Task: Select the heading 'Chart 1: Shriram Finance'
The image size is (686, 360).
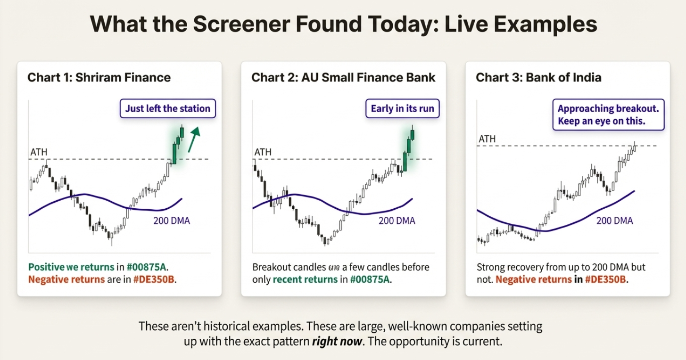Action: click(99, 77)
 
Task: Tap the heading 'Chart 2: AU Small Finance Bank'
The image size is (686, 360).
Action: click(343, 77)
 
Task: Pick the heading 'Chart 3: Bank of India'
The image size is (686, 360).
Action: click(538, 77)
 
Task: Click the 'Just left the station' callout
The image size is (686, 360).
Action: click(167, 108)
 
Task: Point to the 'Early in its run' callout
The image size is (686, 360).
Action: click(402, 109)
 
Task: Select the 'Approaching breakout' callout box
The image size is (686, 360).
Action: click(608, 115)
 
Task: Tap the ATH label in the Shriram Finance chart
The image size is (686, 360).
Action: click(39, 152)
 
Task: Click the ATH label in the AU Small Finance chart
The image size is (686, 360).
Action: click(263, 152)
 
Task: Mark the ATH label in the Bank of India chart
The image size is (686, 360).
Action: click(487, 139)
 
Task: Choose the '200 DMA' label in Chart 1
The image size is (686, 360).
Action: click(172, 221)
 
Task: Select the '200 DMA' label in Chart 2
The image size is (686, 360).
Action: click(397, 221)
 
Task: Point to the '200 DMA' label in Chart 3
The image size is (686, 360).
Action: click(614, 221)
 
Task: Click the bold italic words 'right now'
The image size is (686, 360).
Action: click(338, 342)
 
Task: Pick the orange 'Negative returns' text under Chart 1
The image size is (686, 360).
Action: click(66, 279)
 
